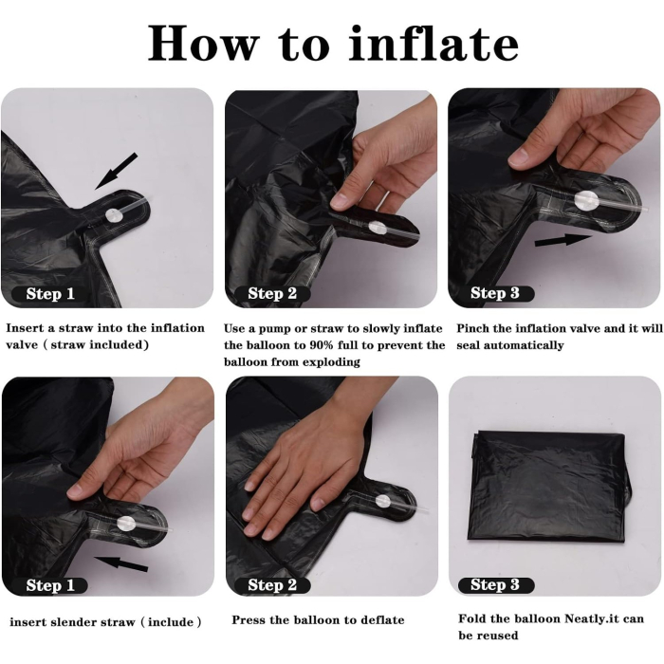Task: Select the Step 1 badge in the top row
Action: [50, 294]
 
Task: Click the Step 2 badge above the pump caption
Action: [272, 294]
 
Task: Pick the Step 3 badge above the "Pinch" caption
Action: [495, 294]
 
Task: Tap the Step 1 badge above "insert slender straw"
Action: [50, 585]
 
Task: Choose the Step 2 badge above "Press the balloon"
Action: [272, 585]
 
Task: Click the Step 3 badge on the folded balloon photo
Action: [495, 585]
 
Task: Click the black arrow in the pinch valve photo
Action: [563, 240]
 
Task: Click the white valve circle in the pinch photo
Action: [586, 200]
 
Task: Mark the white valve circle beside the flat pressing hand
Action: [382, 501]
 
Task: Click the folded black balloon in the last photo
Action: [550, 484]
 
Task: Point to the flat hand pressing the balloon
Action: [304, 474]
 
